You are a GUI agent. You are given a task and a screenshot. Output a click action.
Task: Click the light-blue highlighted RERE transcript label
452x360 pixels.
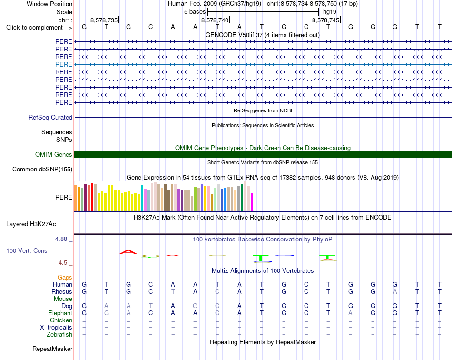[x=63, y=64]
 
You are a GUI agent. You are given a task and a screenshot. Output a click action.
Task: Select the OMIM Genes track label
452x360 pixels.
[x=53, y=155]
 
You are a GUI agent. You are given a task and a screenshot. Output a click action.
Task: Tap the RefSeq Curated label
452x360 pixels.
[x=50, y=118]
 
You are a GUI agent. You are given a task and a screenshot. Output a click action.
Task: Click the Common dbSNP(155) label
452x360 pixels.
[x=42, y=170]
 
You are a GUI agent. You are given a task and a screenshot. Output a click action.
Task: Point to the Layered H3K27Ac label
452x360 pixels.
[x=31, y=224]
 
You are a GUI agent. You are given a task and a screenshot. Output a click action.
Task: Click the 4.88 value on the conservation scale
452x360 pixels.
[x=61, y=239]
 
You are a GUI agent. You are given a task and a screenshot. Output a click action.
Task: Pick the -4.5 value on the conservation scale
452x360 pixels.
[x=62, y=263]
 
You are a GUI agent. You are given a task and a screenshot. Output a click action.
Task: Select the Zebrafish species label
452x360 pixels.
[x=59, y=335]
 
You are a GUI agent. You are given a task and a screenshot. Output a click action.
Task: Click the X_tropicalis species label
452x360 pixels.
[x=56, y=328]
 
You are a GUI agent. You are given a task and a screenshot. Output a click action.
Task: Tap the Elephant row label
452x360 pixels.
[x=60, y=313]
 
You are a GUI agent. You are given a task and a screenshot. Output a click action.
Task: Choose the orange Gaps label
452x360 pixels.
[x=65, y=277]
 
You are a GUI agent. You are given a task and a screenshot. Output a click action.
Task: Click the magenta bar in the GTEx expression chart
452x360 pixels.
[x=252, y=202]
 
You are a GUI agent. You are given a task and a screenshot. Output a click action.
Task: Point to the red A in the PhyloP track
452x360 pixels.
[x=128, y=252]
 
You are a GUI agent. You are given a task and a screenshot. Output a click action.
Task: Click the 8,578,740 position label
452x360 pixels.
[x=215, y=20]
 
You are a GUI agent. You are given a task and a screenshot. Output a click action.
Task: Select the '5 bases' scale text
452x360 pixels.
[x=195, y=12]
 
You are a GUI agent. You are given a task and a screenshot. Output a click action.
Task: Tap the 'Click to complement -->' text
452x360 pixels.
[x=39, y=28]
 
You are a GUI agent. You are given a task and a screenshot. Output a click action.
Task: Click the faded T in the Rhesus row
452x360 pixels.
[x=173, y=291]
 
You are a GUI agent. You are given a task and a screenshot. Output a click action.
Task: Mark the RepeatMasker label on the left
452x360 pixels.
[x=52, y=349]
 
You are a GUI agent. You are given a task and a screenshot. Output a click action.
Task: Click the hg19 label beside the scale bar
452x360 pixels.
[x=330, y=12]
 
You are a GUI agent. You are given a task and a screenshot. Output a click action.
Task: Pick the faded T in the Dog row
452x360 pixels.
[x=150, y=306]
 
